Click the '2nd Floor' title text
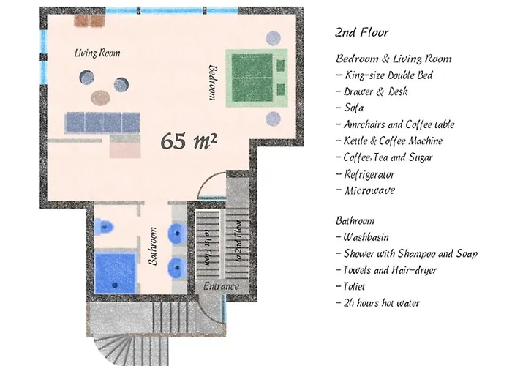pos(361,33)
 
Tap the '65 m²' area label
pos(188,140)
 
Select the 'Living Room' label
pos(97,53)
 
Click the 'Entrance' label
pos(221,286)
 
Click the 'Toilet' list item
pos(355,287)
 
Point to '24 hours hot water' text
pos(381,303)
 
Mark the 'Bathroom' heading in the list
pos(355,220)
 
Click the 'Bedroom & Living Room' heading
pos(394,59)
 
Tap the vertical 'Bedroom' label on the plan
pos(213,83)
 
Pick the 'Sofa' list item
pos(353,108)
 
